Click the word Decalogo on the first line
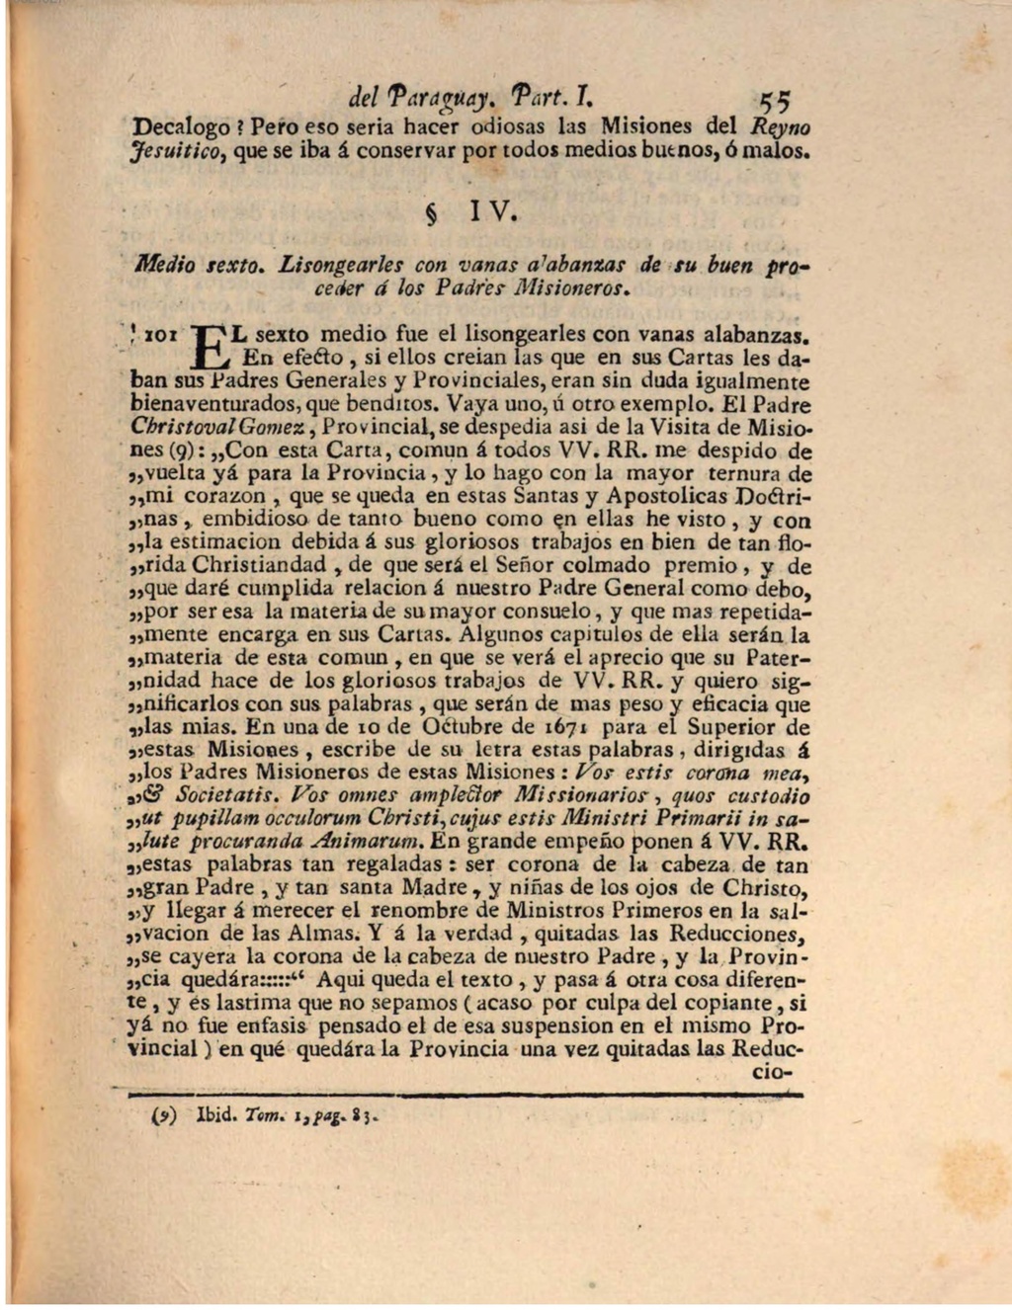click(174, 127)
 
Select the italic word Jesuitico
click(168, 152)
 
